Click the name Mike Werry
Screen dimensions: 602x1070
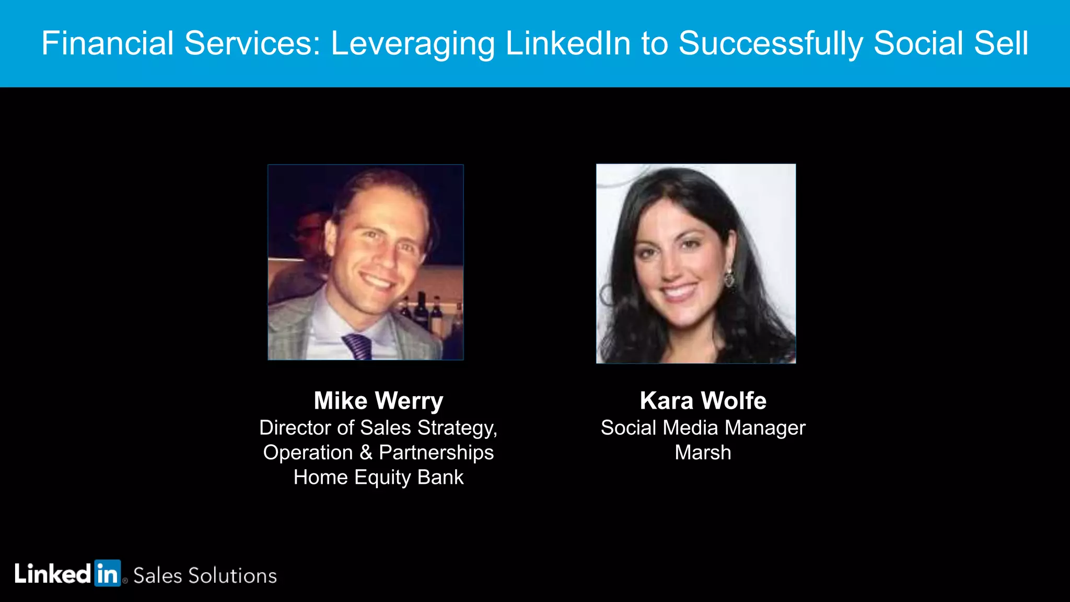[x=378, y=401]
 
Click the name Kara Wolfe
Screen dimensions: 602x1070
[x=703, y=401]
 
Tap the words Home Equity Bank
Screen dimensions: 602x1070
[x=378, y=478]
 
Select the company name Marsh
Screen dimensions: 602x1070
[x=703, y=453]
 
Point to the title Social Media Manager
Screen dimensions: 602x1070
[x=703, y=428]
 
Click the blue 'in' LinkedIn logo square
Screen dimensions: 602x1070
[x=107, y=573]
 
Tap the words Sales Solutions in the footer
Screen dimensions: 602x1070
[x=205, y=576]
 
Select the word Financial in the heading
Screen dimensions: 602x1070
[x=107, y=43]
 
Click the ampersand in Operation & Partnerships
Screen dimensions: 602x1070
[x=366, y=453]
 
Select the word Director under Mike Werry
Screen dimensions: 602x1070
[x=295, y=428]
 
